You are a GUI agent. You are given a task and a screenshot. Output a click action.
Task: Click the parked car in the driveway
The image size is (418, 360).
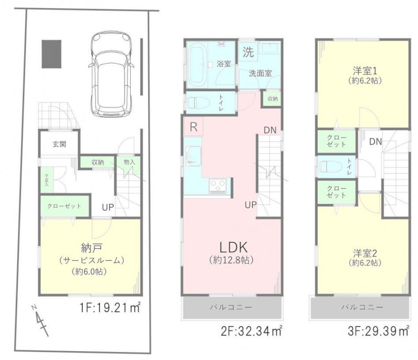111,74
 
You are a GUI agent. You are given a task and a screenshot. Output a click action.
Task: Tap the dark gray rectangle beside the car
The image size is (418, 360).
52,54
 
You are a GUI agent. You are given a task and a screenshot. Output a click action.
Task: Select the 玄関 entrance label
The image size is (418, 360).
59,144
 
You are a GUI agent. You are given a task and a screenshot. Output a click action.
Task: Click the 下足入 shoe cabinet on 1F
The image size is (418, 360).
47,180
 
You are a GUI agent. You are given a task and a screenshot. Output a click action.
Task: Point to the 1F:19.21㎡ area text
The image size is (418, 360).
110,308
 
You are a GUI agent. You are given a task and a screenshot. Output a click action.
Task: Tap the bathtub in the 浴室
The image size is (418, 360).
198,64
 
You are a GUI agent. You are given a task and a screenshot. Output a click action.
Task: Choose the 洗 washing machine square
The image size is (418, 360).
248,52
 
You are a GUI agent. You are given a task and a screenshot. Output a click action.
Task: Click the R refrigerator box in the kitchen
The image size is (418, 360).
193,127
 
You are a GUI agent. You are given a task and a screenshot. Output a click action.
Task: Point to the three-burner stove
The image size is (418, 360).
218,185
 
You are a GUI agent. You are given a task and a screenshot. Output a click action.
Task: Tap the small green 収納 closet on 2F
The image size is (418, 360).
273,99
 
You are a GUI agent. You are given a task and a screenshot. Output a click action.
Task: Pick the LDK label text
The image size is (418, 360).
233,247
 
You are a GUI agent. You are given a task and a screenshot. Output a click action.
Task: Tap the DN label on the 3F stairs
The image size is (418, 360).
376,142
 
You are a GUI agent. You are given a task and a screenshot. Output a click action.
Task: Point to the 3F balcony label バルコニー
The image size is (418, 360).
362,307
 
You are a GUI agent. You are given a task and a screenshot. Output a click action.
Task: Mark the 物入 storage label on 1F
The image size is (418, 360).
129,162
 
